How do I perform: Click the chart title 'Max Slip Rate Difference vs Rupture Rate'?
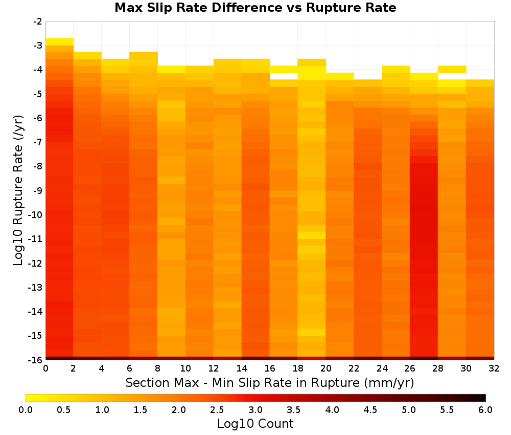tap(255, 8)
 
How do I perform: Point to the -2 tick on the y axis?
tap(38, 21)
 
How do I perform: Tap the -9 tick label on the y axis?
tap(38, 190)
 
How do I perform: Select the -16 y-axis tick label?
tap(36, 360)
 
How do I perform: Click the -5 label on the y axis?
tap(38, 94)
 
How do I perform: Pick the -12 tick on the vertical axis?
tap(36, 263)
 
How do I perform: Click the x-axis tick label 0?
tap(45, 368)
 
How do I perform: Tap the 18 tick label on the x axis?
tap(297, 368)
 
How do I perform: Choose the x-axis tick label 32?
tap(494, 368)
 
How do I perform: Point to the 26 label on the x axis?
tap(410, 368)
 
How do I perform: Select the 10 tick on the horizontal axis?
tap(185, 368)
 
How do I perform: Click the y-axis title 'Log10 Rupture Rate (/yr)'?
tap(18, 190)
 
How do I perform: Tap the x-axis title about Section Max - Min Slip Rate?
tap(270, 382)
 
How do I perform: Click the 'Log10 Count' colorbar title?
tap(255, 424)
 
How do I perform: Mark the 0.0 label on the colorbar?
tap(26, 410)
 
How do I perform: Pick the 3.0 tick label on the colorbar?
tap(255, 410)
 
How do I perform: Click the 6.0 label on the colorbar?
tap(485, 410)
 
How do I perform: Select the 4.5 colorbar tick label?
tap(370, 410)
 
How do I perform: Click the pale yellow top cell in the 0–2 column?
tap(60, 41)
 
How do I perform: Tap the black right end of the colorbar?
tap(483, 398)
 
